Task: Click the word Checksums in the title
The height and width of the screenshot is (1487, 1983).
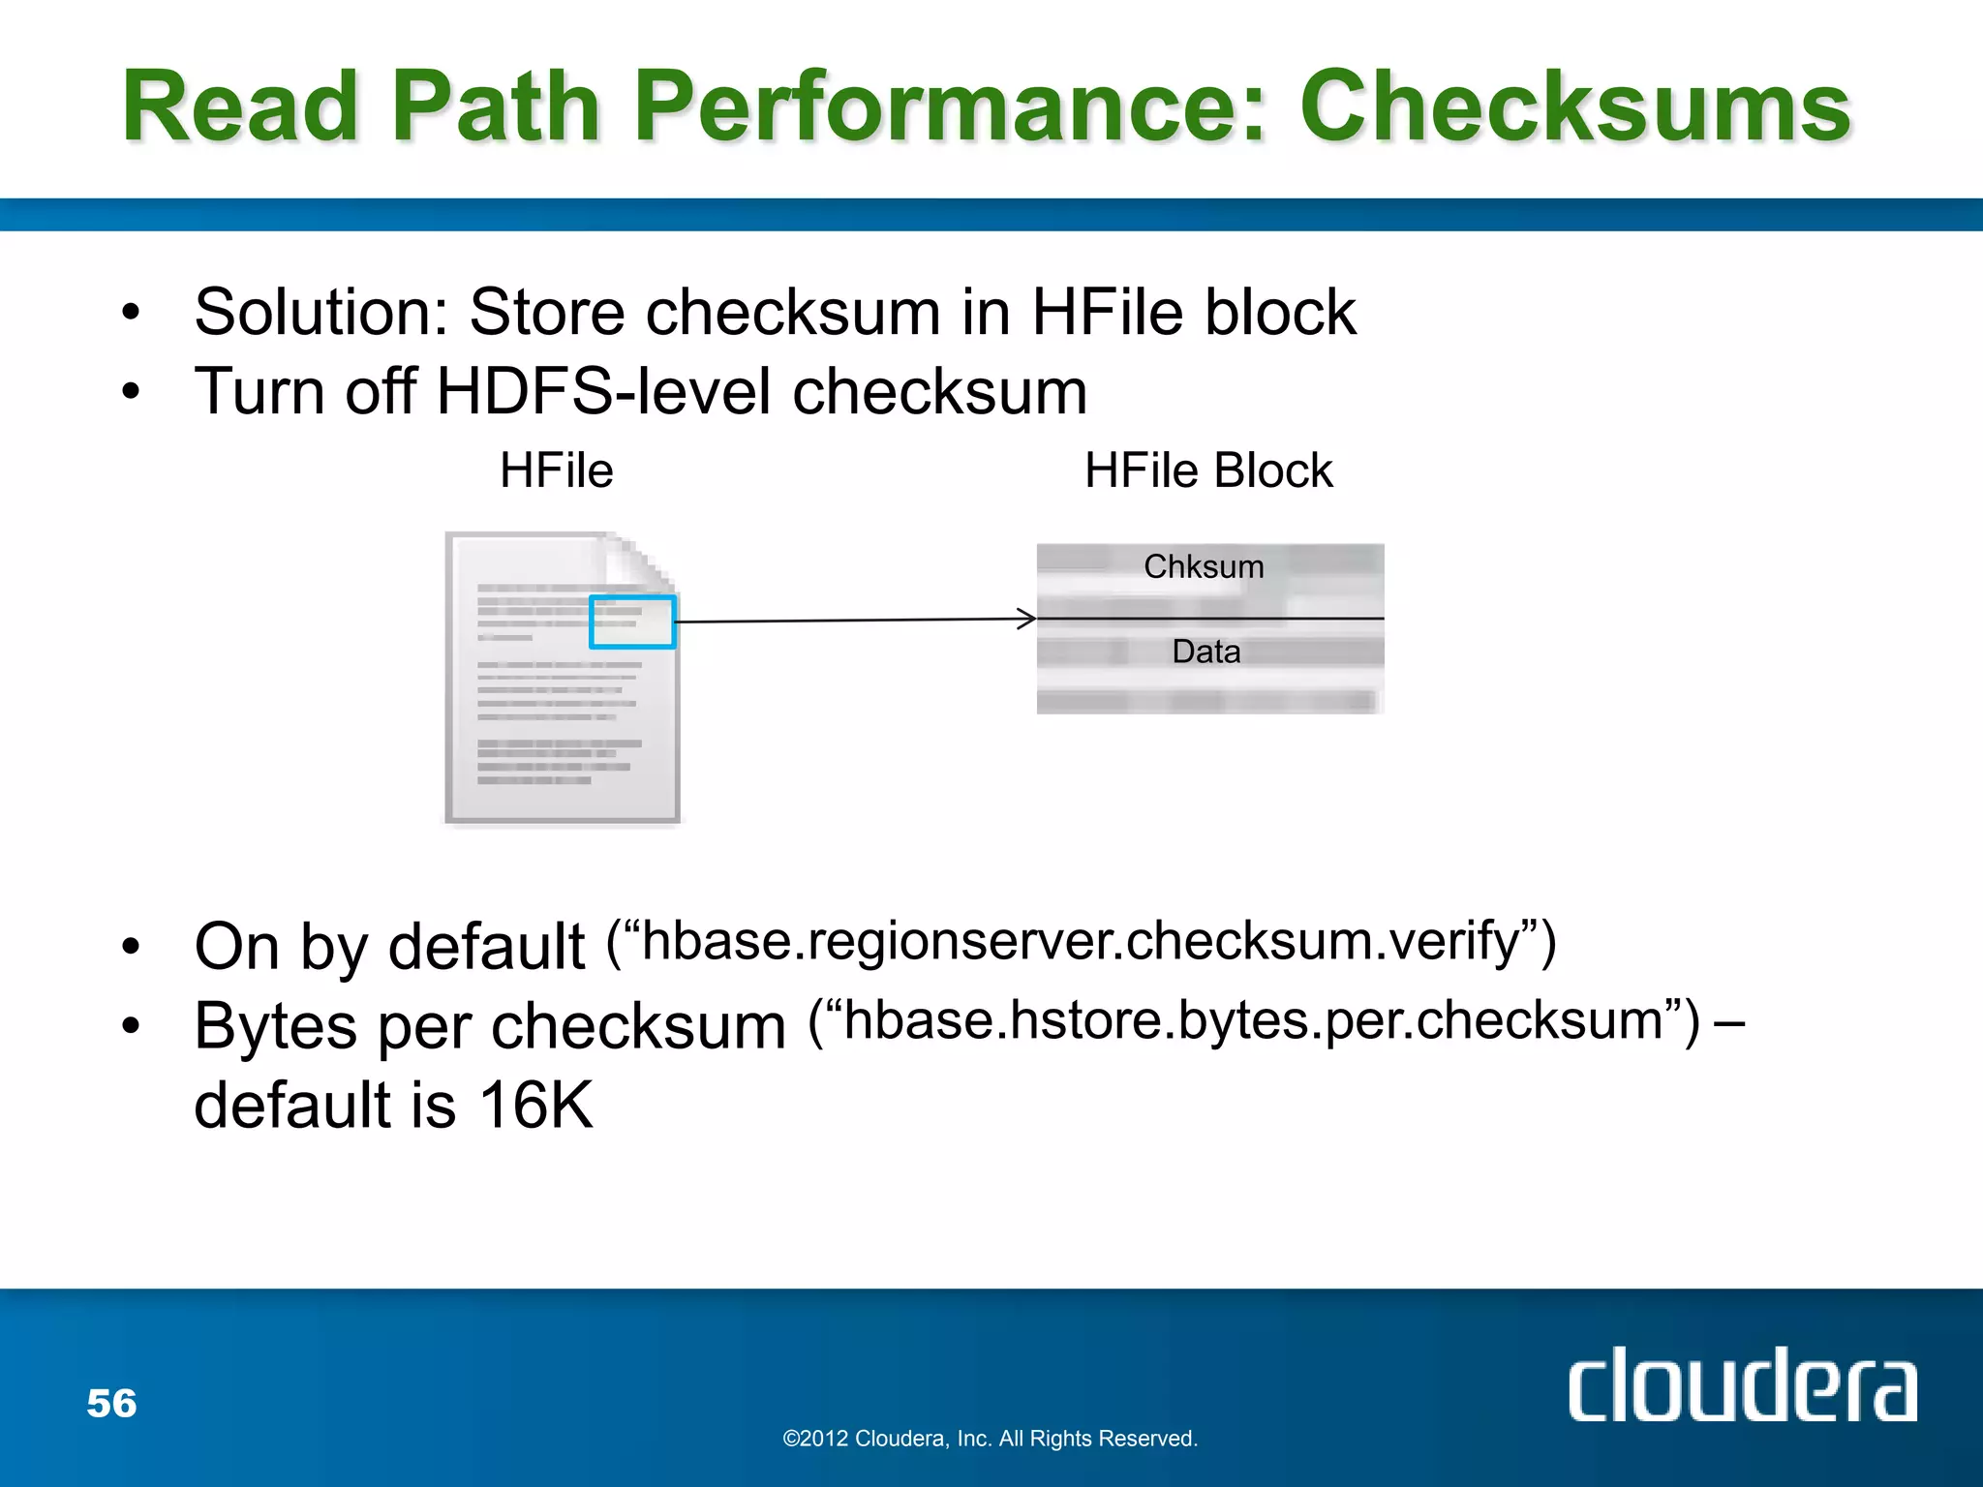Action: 1575,106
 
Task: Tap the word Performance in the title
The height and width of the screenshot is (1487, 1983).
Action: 949,106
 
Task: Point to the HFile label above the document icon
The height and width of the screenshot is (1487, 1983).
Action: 556,471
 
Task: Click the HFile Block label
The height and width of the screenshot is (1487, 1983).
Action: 1208,471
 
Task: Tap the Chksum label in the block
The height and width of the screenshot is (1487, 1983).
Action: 1204,566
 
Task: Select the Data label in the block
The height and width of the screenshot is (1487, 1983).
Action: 1205,652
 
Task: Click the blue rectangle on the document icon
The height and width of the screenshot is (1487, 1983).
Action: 632,622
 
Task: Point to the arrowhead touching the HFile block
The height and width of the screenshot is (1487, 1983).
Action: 1028,619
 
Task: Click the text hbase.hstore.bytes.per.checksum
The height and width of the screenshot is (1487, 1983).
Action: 1254,1020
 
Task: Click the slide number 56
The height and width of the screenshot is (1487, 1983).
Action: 111,1404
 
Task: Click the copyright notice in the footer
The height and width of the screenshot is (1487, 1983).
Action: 990,1439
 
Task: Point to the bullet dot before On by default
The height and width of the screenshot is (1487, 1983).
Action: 131,946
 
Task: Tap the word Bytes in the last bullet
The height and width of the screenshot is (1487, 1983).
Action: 276,1026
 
